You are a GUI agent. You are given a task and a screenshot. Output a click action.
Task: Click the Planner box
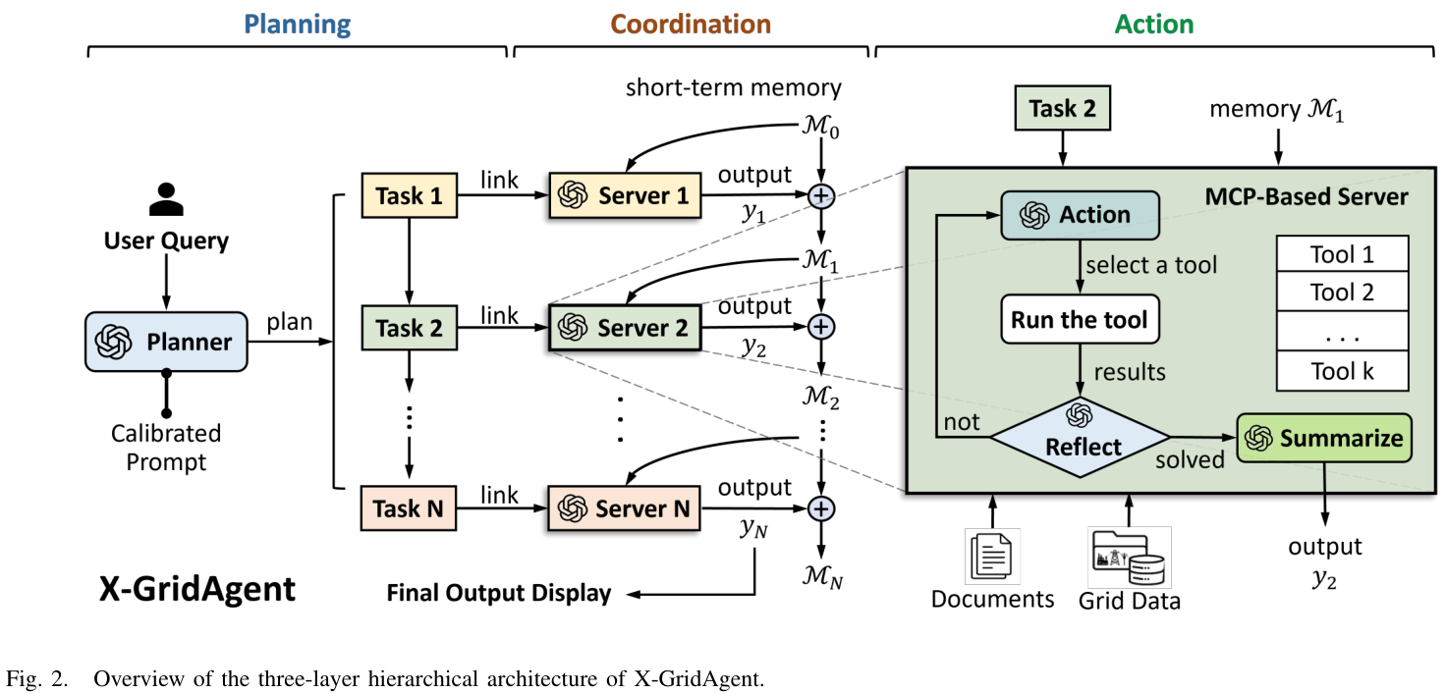click(166, 342)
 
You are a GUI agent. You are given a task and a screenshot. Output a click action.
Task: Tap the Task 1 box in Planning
click(410, 195)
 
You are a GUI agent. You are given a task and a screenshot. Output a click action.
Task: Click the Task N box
click(409, 507)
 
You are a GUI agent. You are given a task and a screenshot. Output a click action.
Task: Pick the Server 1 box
click(625, 195)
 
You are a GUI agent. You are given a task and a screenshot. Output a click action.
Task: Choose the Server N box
click(623, 507)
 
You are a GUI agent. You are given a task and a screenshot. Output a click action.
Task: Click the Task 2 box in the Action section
click(1061, 109)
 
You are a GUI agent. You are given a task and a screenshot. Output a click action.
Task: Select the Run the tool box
click(1080, 320)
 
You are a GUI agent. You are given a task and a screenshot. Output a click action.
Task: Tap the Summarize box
click(1323, 439)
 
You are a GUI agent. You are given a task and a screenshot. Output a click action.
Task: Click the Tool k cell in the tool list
click(1342, 371)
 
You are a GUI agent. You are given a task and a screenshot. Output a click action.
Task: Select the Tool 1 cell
click(1342, 255)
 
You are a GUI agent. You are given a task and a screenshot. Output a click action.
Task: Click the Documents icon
click(992, 556)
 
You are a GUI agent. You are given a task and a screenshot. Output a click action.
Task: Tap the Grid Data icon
click(1129, 556)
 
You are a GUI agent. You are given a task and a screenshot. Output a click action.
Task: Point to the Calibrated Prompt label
click(166, 447)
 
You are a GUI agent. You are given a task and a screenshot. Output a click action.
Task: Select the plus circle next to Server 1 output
click(820, 196)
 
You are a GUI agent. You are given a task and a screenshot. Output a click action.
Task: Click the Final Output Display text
click(499, 593)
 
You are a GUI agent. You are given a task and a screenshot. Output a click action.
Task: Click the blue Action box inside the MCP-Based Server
click(1080, 214)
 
